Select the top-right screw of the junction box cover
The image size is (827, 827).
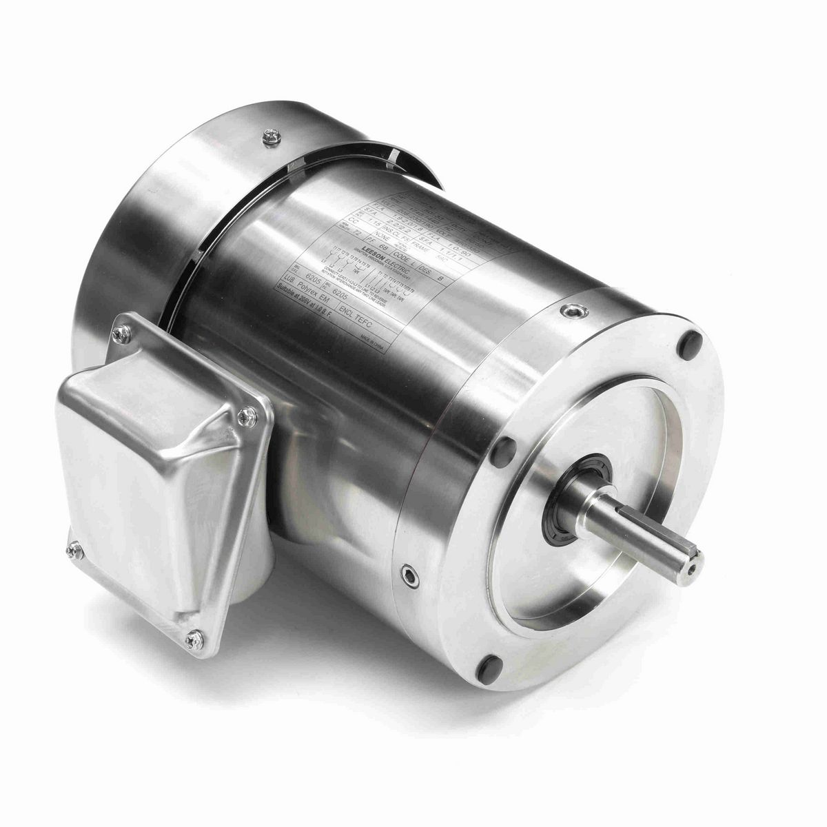point(245,416)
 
